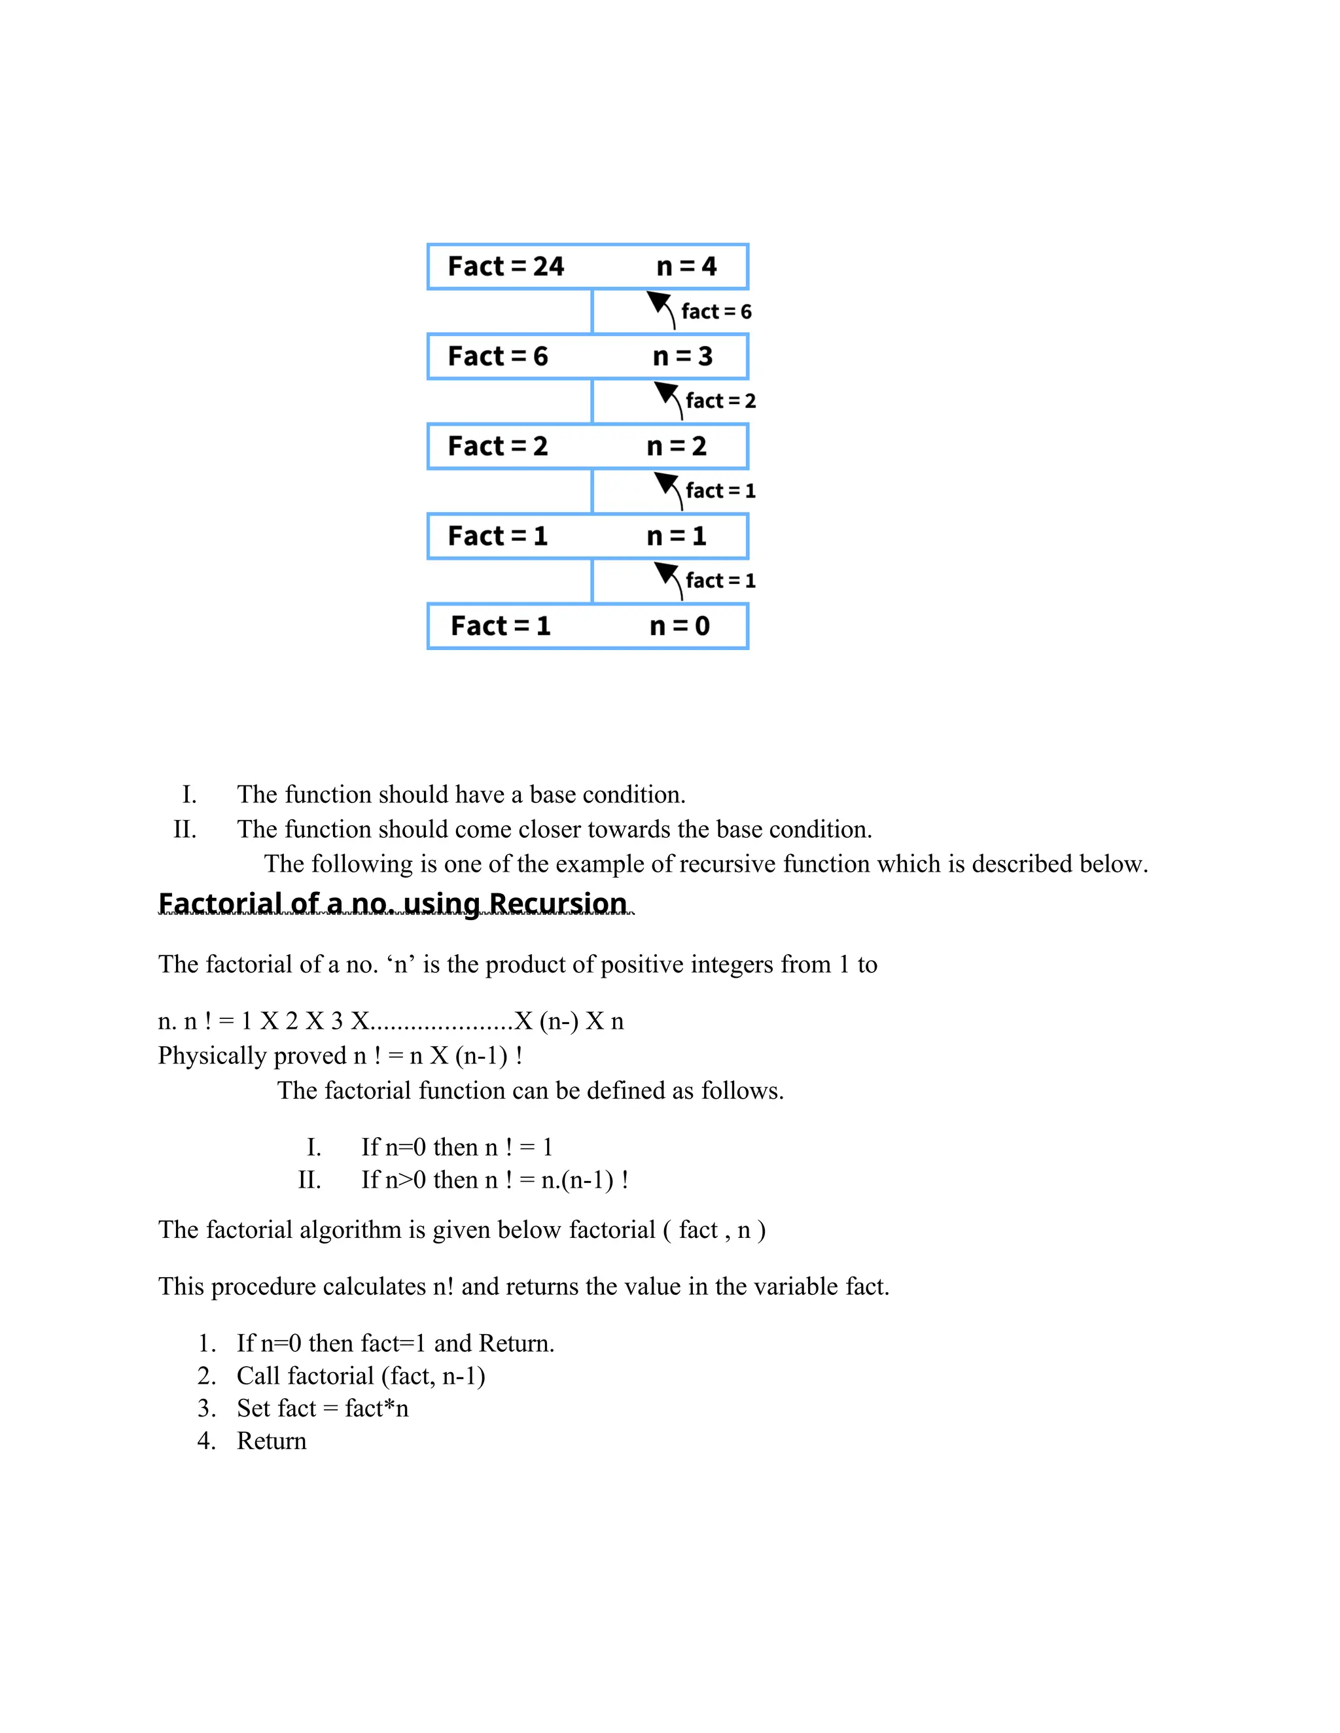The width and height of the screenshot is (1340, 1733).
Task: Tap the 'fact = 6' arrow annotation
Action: (x=716, y=312)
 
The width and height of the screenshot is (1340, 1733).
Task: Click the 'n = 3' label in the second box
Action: (x=682, y=356)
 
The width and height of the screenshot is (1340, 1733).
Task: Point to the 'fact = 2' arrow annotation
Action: (x=720, y=402)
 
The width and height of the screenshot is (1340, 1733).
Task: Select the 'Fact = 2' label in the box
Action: (x=498, y=446)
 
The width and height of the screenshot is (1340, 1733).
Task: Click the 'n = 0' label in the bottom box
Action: (x=680, y=626)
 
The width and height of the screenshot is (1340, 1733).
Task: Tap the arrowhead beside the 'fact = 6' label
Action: (x=658, y=302)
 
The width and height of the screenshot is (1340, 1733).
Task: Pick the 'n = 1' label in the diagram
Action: (x=677, y=536)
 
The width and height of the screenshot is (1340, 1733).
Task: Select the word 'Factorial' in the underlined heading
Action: (x=209, y=904)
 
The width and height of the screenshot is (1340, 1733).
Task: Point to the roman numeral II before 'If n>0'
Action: (x=309, y=1180)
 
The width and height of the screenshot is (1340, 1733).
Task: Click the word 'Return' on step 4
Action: (x=272, y=1441)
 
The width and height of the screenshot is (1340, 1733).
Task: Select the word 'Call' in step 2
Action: (x=258, y=1376)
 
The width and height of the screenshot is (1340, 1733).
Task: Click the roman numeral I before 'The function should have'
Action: (x=189, y=795)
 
